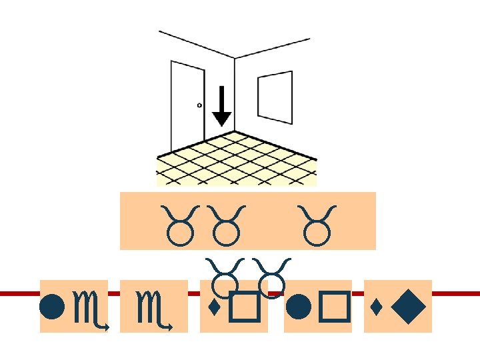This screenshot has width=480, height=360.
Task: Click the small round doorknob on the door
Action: point(199,105)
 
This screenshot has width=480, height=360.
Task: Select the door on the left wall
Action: point(187,107)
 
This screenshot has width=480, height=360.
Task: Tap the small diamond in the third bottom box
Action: point(213,308)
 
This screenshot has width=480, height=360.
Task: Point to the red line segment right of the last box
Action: point(456,293)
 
